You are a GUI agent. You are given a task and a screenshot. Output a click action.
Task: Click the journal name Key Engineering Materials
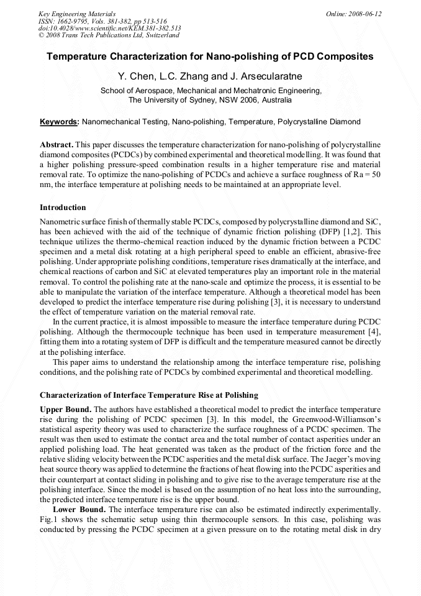tap(76, 14)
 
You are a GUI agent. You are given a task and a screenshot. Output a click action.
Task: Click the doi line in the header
tap(110, 28)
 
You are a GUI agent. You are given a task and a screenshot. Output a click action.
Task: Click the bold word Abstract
tap(57, 144)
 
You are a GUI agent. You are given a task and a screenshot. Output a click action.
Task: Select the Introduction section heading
tap(63, 208)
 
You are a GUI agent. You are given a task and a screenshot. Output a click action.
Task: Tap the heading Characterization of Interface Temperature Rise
tap(148, 395)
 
